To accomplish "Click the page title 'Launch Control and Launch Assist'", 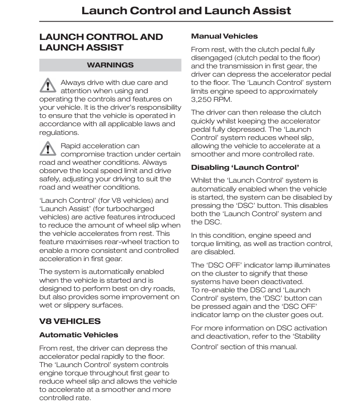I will (186, 10).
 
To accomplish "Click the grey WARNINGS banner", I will (110, 65).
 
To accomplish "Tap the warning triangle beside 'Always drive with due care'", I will (47, 85).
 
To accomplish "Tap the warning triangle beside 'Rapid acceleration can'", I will (47, 149).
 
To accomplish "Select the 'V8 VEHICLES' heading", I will (70, 321).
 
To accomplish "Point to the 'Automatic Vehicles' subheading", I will (78, 335).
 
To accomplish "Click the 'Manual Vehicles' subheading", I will (224, 36).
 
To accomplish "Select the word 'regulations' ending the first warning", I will (58, 133).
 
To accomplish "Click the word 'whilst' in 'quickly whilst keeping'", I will (228, 121).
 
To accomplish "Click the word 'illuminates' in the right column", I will (307, 265).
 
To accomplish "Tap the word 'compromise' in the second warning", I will (83, 154).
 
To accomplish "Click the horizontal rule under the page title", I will (186, 22).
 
